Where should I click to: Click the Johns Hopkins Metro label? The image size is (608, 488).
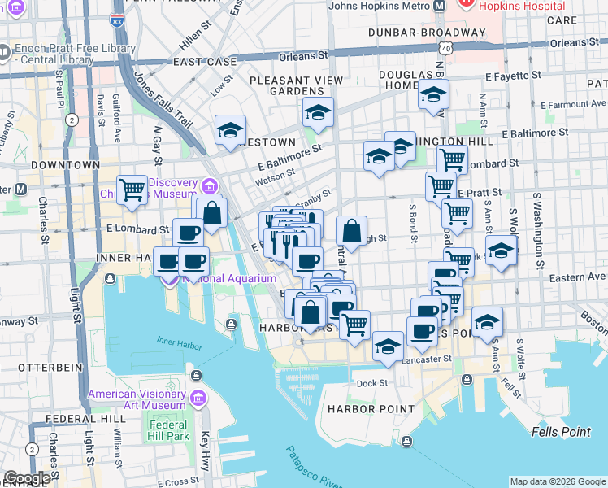point(379,6)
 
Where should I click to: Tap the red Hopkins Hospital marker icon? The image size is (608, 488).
point(467,4)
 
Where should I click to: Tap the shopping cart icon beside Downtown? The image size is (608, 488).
point(132,190)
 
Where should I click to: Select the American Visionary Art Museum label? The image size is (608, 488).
point(137,399)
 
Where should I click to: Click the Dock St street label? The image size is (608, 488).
point(371,383)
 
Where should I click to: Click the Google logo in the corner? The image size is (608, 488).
point(27,478)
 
